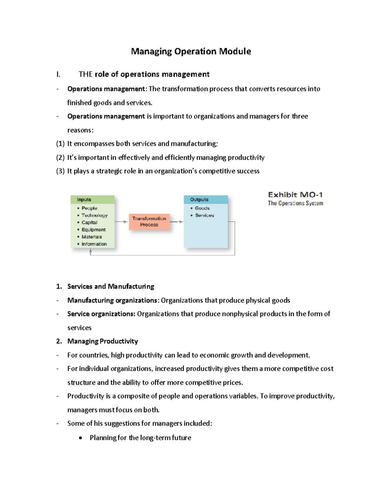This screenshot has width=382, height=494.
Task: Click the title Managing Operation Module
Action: pyautogui.click(x=191, y=51)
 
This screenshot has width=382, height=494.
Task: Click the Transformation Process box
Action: pyautogui.click(x=149, y=221)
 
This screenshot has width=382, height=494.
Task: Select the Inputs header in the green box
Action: pyautogui.click(x=84, y=199)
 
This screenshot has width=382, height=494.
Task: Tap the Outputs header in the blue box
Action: pyautogui.click(x=199, y=199)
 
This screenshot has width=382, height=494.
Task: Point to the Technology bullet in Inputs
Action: pyautogui.click(x=94, y=215)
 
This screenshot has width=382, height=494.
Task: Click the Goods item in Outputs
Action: pyautogui.click(x=202, y=208)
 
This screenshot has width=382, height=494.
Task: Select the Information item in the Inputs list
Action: pyautogui.click(x=94, y=244)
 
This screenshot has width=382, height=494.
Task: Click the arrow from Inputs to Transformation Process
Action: pyautogui.click(x=121, y=221)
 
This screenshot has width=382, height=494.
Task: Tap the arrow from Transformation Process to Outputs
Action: pyautogui.click(x=177, y=221)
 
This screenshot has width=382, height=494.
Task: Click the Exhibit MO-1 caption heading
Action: pyautogui.click(x=295, y=195)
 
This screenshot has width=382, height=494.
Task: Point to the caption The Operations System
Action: pyautogui.click(x=295, y=203)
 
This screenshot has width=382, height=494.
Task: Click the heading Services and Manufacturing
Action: pyautogui.click(x=110, y=286)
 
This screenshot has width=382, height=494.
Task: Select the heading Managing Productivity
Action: pyautogui.click(x=103, y=341)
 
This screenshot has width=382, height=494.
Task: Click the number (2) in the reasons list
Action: pyautogui.click(x=60, y=157)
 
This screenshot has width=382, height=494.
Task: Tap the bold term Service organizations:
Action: pyautogui.click(x=101, y=314)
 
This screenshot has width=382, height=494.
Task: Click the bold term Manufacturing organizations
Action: pyautogui.click(x=112, y=300)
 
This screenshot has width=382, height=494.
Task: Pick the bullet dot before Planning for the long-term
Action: pyautogui.click(x=81, y=438)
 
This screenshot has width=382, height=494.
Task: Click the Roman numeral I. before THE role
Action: pyautogui.click(x=58, y=74)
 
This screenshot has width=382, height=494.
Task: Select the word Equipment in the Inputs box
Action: pyautogui.click(x=93, y=230)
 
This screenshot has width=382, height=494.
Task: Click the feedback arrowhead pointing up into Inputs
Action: pyautogui.click(x=91, y=251)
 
